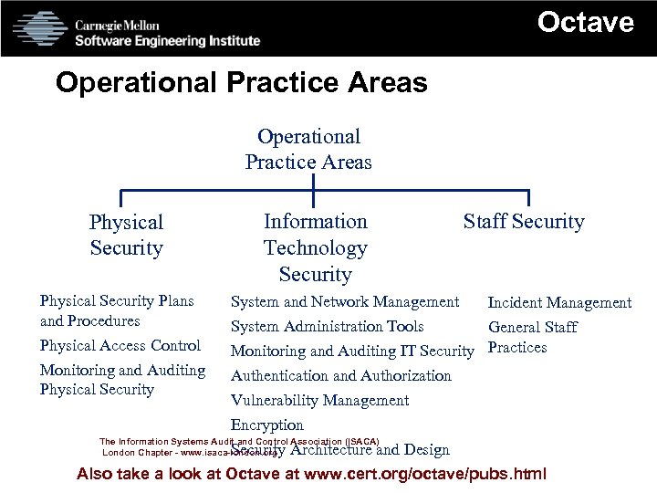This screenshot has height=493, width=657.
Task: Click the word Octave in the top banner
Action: tap(585, 22)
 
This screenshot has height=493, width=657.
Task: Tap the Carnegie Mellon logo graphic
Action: tap(40, 28)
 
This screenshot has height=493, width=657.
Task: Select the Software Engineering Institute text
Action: tap(167, 40)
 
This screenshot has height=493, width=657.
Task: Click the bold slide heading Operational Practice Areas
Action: tap(241, 83)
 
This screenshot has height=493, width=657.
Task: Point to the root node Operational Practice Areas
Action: tap(308, 150)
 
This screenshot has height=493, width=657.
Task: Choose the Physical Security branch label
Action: tap(126, 235)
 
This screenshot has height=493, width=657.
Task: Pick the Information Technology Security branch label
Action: tap(315, 247)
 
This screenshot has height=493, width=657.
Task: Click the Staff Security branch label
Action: tap(524, 222)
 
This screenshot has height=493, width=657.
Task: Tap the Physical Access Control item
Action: tap(120, 345)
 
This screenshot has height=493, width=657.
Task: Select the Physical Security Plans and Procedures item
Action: tap(117, 310)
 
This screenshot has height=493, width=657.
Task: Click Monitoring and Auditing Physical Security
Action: tap(122, 380)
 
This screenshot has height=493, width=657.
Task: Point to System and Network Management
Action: tap(345, 301)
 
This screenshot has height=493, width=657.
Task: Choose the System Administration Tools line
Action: tap(327, 326)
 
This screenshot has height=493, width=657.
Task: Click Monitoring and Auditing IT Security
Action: tap(352, 351)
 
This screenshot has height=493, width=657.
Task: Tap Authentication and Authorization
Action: tap(340, 375)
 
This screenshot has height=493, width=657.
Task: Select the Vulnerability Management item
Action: tap(319, 400)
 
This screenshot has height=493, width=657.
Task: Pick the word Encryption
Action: tap(266, 425)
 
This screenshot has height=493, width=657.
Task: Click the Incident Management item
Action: tap(559, 302)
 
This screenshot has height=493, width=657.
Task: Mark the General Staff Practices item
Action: tap(533, 337)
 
